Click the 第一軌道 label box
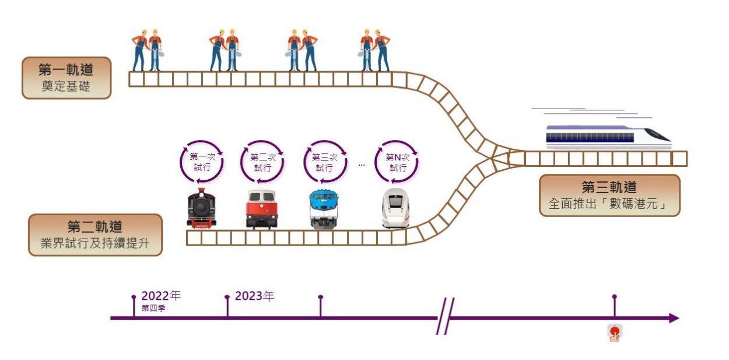click(x=66, y=78)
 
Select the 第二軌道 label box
click(x=95, y=235)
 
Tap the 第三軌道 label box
click(x=609, y=195)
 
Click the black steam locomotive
click(x=202, y=208)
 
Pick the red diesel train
click(x=262, y=209)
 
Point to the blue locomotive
click(x=324, y=209)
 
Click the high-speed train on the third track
click(x=607, y=135)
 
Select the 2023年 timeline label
click(x=254, y=296)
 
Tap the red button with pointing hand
click(x=615, y=333)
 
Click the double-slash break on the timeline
click(x=445, y=317)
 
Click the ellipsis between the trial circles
click(x=362, y=165)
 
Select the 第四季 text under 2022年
click(x=153, y=308)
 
